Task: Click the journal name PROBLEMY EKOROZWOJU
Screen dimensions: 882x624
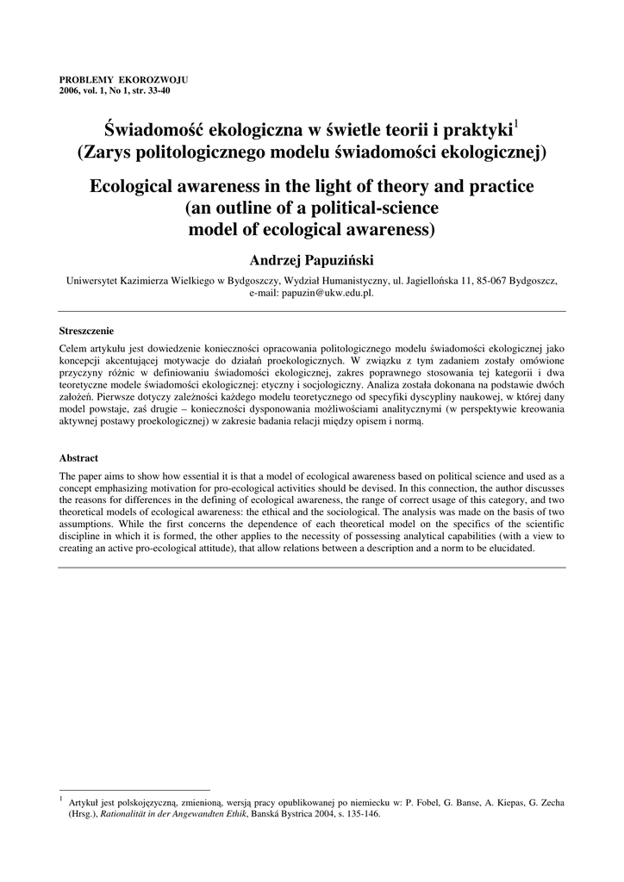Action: [122, 79]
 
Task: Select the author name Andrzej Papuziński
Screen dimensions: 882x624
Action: [312, 260]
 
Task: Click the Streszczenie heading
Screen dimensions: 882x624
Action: [86, 330]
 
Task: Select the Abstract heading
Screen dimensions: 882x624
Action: [78, 457]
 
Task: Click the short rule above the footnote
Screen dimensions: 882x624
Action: [134, 789]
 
